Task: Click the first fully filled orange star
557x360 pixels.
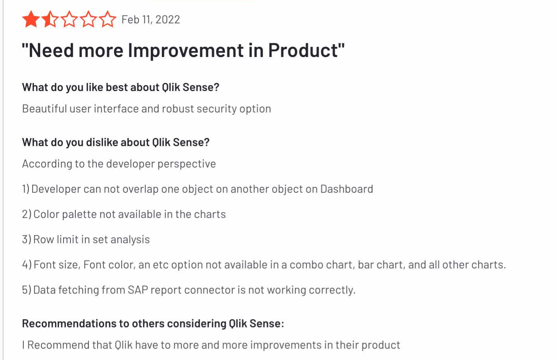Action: point(31,20)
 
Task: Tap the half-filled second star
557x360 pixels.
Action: point(50,20)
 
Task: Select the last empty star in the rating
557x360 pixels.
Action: point(108,20)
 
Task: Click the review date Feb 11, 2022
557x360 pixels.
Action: point(150,20)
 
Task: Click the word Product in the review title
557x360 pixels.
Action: point(303,50)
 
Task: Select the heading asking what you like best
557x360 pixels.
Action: point(121,87)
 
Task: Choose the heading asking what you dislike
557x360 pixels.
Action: point(116,142)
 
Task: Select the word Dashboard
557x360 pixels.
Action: point(346,189)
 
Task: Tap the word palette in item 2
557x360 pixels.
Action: point(79,214)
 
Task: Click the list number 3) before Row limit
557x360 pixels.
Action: point(27,239)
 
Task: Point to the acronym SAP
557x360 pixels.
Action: point(138,290)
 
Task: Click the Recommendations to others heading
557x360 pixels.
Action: point(153,324)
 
